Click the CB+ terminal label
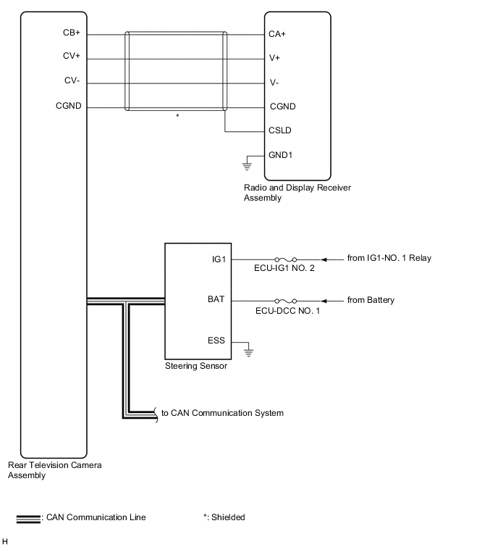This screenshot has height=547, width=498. [71, 33]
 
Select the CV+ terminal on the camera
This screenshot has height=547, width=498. [71, 57]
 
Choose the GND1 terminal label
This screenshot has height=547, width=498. [282, 155]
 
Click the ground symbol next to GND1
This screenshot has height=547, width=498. [248, 165]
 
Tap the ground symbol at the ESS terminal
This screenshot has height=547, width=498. [248, 351]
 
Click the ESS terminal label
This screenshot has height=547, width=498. [216, 340]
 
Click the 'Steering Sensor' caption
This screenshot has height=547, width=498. [196, 366]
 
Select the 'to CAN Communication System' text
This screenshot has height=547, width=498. [222, 413]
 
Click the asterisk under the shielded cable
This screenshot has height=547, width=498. [177, 116]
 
